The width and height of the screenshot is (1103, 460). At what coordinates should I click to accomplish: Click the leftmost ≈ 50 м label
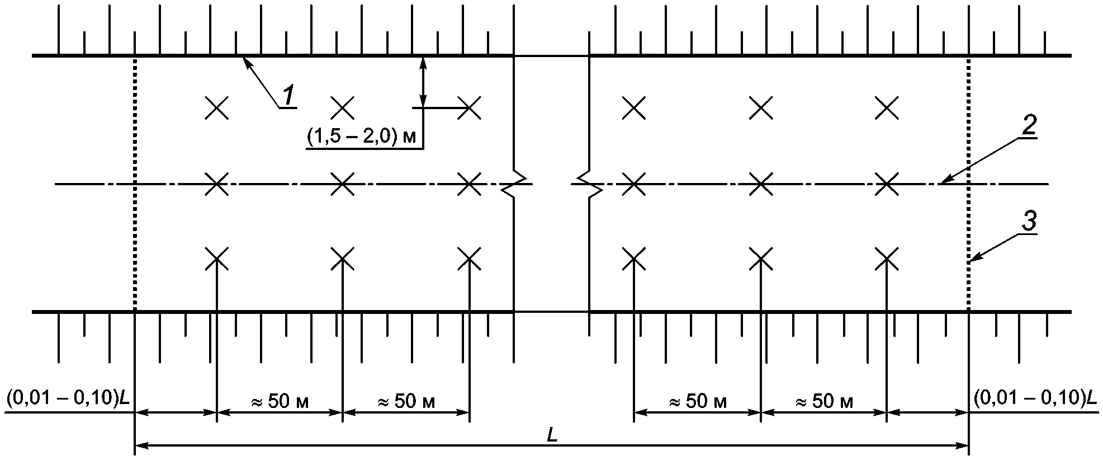click(279, 401)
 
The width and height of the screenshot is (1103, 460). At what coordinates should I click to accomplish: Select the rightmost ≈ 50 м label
click(824, 401)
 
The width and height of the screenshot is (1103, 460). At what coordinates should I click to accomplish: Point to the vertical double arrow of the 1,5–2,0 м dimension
click(423, 81)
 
